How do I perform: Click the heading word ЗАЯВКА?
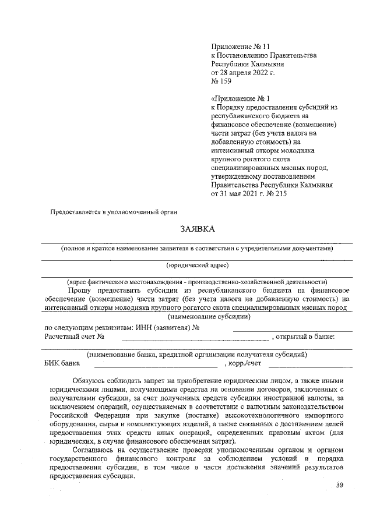point(198,229)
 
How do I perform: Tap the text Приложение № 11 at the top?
point(240,45)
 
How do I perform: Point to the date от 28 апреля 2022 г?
point(242,73)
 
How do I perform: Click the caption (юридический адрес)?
point(197,265)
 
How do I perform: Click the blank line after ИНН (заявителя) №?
point(291,330)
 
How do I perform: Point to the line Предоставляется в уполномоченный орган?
point(113,211)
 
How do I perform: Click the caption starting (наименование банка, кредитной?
point(197,354)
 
